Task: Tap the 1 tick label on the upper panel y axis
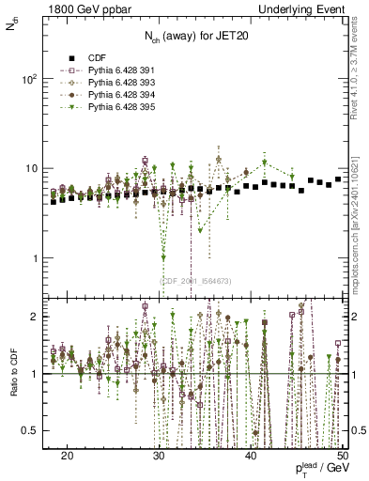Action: pyautogui.click(x=40, y=258)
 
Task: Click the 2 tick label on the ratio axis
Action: pyautogui.click(x=40, y=318)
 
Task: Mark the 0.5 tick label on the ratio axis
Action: pyautogui.click(x=37, y=430)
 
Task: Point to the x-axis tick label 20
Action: pyautogui.click(x=68, y=456)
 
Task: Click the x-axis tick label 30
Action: pyautogui.click(x=160, y=456)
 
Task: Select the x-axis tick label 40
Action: pyautogui.click(x=251, y=456)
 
